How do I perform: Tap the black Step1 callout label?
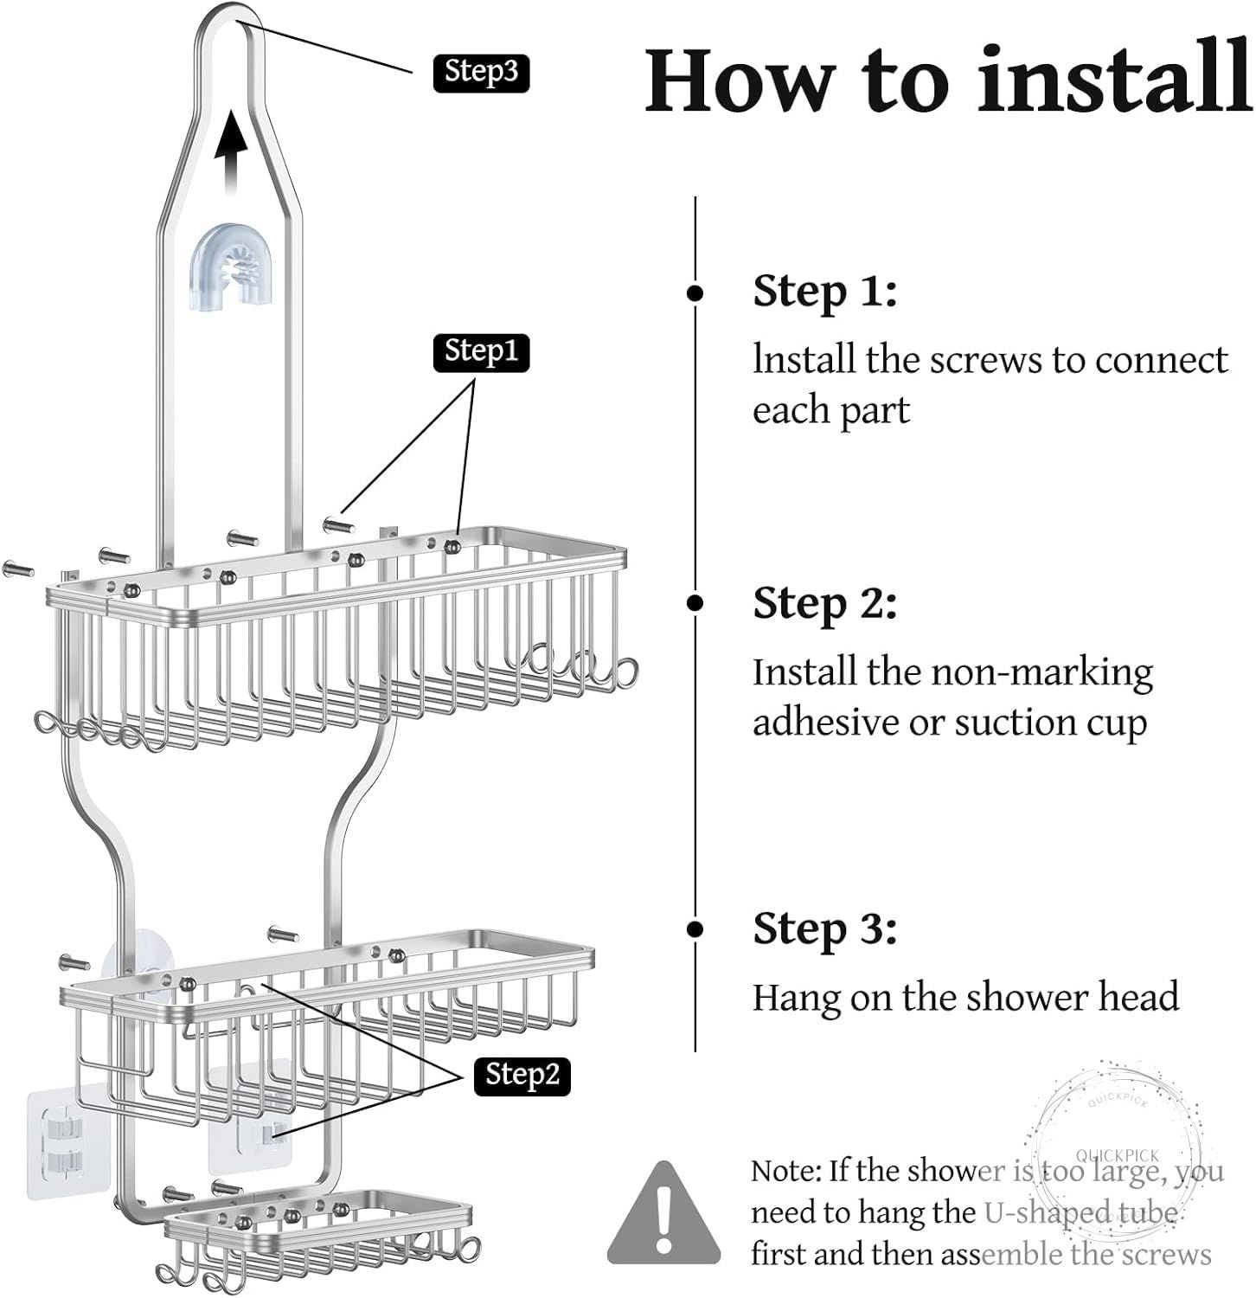point(481,352)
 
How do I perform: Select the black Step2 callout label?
point(522,1075)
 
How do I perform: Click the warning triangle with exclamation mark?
point(663,1211)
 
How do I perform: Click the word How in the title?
point(740,80)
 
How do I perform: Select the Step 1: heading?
point(824,291)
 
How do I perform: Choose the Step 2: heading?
point(824,603)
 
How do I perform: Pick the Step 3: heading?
point(824,929)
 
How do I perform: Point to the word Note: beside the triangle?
point(785,1171)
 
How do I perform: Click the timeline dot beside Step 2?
point(695,603)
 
